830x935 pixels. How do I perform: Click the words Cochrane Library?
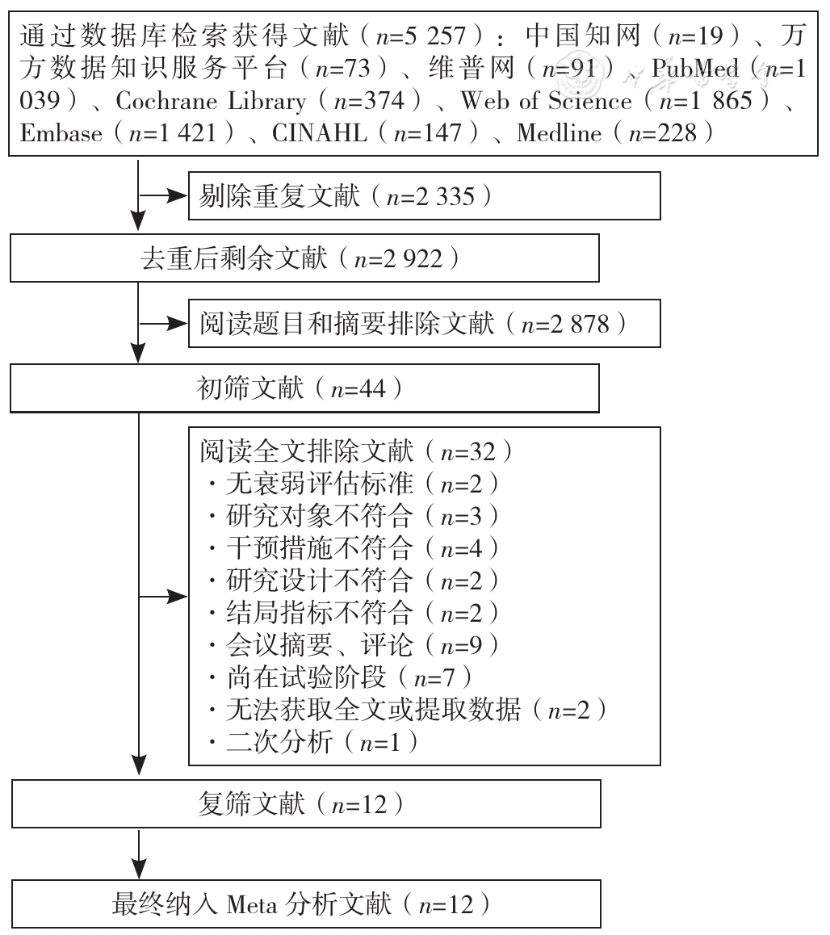(x=211, y=101)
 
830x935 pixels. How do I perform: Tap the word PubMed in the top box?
(x=694, y=68)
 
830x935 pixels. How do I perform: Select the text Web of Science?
(x=546, y=101)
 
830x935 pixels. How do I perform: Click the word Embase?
(x=61, y=133)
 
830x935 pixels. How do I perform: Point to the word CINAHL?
(x=319, y=133)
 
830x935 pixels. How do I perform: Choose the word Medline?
(x=560, y=133)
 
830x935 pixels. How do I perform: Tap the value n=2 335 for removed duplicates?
(x=430, y=197)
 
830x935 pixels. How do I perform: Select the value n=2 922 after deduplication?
(x=398, y=259)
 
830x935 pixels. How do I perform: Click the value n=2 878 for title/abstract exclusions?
(x=565, y=324)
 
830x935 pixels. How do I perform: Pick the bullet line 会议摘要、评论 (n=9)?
(x=354, y=645)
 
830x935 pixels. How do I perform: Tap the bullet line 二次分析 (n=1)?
(x=313, y=742)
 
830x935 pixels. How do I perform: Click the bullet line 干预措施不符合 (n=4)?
(x=354, y=548)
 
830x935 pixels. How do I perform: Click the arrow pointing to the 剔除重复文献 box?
(x=163, y=195)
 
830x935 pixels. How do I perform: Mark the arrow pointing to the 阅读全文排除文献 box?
(x=163, y=597)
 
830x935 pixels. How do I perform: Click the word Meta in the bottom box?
(x=252, y=904)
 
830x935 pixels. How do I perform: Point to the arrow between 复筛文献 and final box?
(x=138, y=853)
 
